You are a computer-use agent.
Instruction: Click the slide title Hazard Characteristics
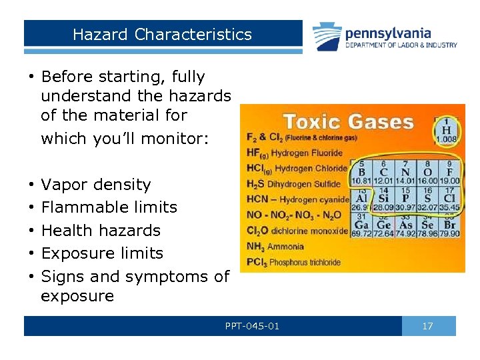click(x=162, y=34)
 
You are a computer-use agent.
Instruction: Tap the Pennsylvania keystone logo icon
click(x=327, y=36)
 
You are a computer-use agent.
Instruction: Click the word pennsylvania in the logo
click(x=388, y=33)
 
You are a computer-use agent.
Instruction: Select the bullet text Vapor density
click(x=96, y=185)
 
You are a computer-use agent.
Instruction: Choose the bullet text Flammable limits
click(x=109, y=207)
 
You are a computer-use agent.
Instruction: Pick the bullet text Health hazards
click(x=101, y=231)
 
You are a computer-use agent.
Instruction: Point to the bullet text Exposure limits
click(x=102, y=253)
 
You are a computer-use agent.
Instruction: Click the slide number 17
click(x=428, y=326)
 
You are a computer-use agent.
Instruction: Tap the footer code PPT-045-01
click(x=252, y=326)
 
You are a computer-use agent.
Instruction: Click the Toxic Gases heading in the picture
click(x=349, y=122)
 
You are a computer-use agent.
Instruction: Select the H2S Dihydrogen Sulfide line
click(x=293, y=184)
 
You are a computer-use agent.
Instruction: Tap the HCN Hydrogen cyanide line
click(x=297, y=199)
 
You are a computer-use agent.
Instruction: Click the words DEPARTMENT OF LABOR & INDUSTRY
click(x=401, y=45)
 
